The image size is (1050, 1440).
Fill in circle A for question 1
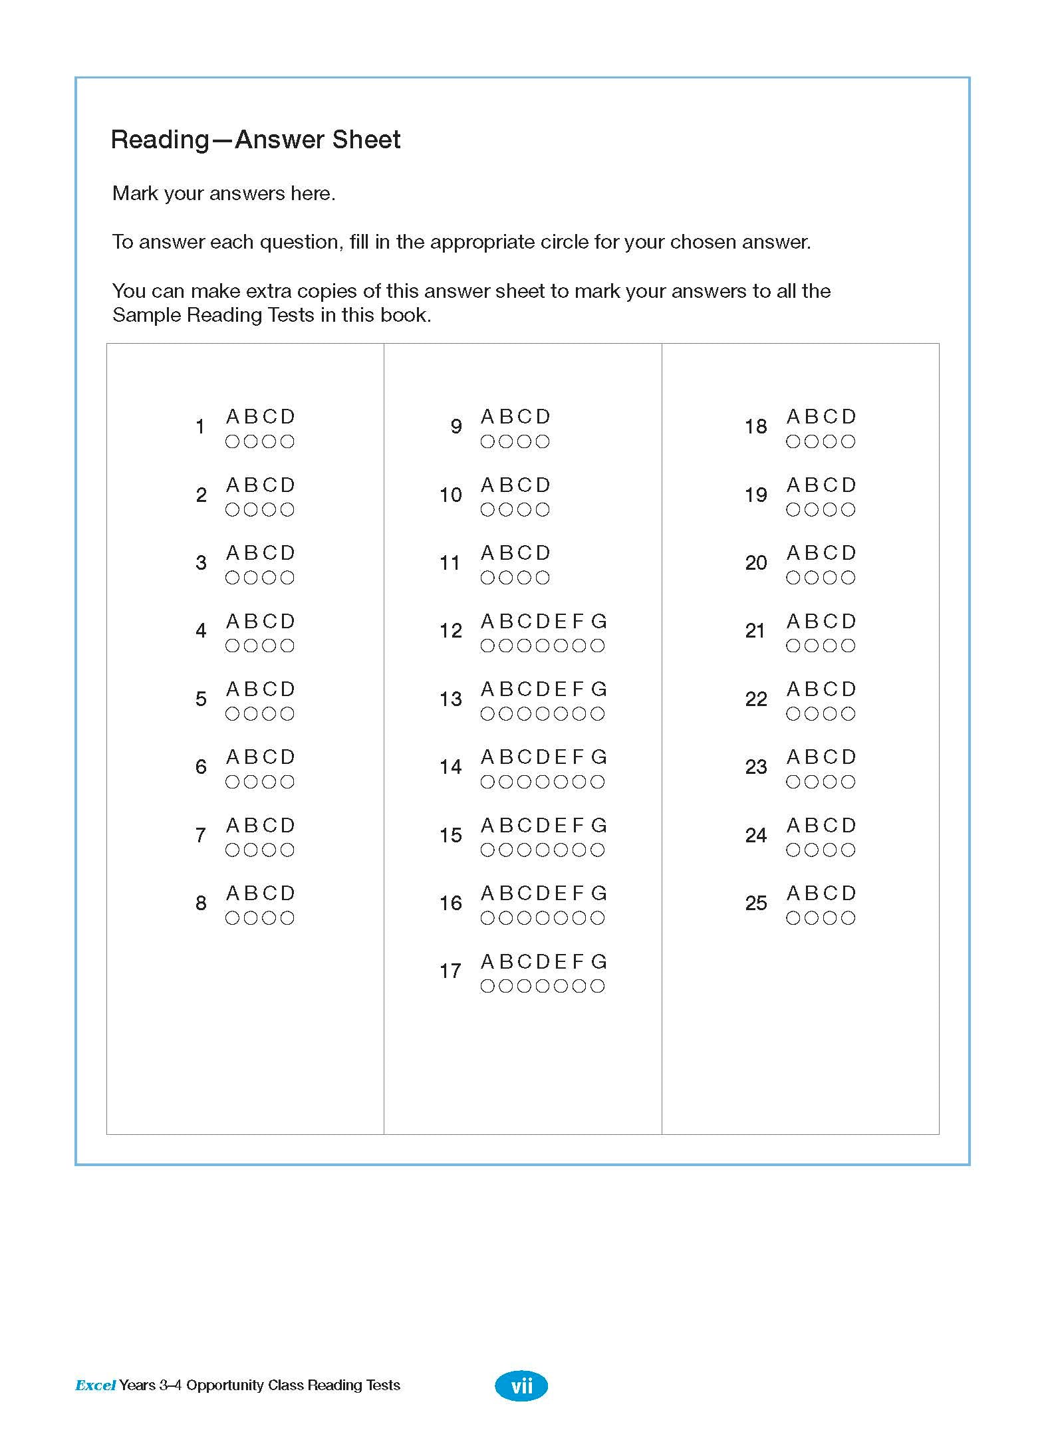tap(232, 441)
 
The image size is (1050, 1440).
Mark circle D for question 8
tap(287, 918)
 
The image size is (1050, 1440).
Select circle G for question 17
tap(598, 986)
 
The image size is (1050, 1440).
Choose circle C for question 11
tap(524, 578)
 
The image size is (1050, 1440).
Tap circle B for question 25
tap(811, 918)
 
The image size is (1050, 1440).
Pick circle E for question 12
tap(561, 646)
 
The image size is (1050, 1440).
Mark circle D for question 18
tap(848, 441)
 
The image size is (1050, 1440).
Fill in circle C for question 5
tap(269, 714)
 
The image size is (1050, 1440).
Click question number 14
tap(450, 767)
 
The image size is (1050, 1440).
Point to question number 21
tap(755, 631)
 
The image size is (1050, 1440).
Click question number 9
tap(456, 427)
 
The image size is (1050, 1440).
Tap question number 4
tap(201, 631)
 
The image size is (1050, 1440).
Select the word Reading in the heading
tap(160, 140)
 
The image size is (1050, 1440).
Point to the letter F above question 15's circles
tap(578, 826)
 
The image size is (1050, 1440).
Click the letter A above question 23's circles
tap(793, 757)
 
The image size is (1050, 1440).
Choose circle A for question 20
tap(793, 578)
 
